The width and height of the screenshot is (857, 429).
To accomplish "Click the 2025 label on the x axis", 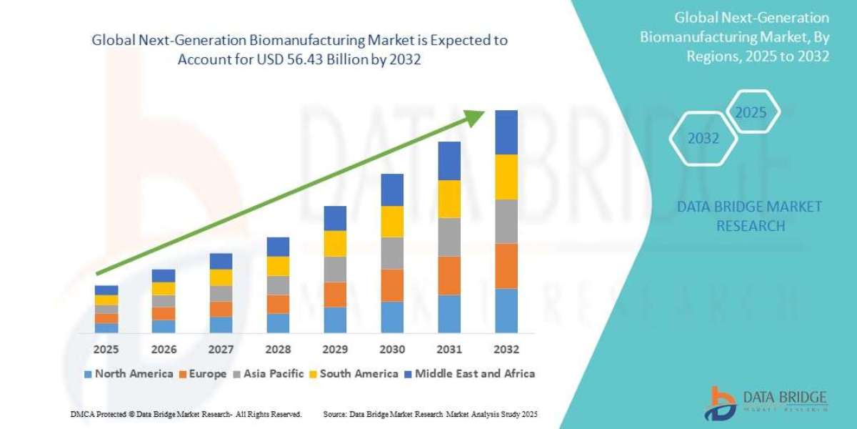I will point(106,350).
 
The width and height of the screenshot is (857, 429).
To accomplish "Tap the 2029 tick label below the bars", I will point(335,350).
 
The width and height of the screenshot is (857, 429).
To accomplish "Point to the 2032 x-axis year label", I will point(506,350).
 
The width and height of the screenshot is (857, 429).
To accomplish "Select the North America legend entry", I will point(128,373).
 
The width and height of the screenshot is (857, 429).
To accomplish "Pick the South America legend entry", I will point(354,373).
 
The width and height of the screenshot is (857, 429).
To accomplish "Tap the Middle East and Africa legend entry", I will point(469,373).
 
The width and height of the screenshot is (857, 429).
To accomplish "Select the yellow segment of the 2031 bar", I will point(449,199).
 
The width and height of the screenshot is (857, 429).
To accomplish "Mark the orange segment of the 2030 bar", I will point(392,285).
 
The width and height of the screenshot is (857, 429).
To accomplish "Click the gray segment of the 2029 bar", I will point(335,269).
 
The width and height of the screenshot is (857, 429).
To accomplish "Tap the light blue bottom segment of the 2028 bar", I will point(278,323).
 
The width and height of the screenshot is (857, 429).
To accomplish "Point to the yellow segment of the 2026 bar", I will point(164,288).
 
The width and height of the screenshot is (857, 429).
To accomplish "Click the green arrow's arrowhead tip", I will point(485,112).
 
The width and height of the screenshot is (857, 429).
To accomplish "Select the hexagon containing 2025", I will point(751,112).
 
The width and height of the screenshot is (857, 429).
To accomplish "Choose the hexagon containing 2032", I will point(703,139).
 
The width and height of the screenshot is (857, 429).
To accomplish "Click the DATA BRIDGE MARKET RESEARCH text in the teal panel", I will point(749,216).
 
